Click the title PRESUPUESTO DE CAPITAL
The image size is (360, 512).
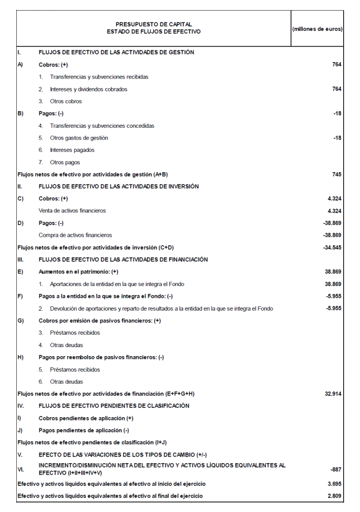153,24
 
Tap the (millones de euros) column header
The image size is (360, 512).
317,29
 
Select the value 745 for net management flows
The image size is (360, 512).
336,174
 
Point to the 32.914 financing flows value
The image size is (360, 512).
333,394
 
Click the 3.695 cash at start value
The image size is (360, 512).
334,483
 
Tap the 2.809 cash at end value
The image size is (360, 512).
334,496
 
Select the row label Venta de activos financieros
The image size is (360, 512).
72,211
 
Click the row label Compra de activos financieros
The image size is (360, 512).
75,235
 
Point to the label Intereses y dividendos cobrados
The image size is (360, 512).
88,89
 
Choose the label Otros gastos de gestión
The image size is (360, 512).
79,138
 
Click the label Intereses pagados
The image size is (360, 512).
72,150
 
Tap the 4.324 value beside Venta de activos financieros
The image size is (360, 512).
334,211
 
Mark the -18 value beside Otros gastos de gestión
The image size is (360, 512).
337,138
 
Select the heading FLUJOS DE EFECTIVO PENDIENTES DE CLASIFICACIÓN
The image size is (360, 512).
114,405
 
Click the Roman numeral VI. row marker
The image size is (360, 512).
21,469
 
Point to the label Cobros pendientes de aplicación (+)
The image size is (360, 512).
86,418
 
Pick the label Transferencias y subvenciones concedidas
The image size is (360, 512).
101,126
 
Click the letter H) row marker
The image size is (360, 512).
21,357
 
